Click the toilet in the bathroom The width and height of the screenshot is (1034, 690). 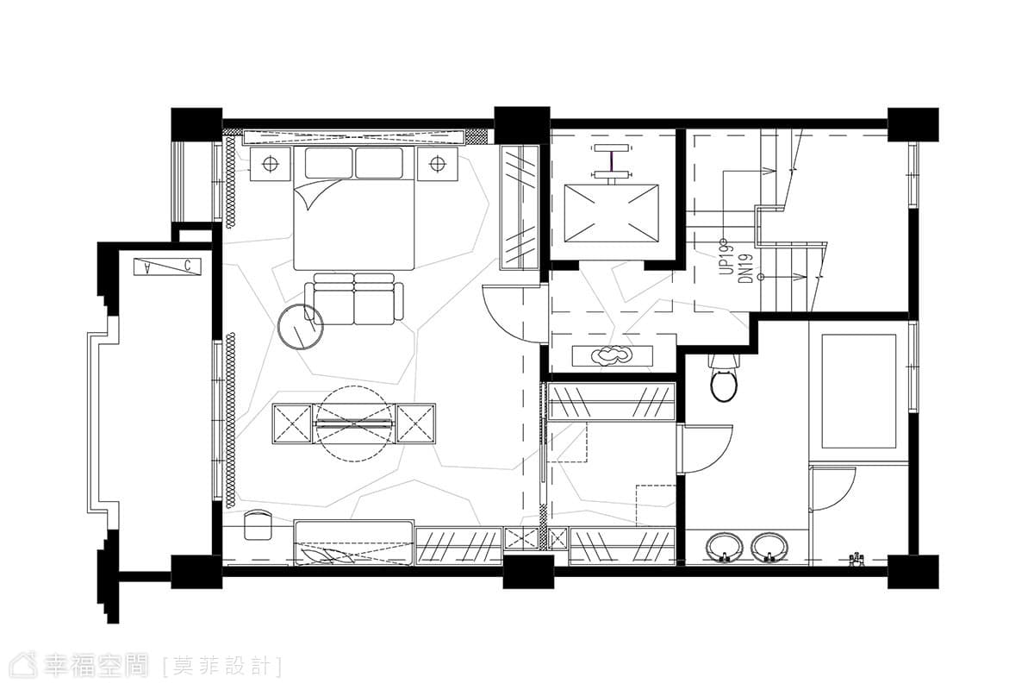tap(724, 379)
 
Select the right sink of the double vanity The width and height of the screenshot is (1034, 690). tap(769, 548)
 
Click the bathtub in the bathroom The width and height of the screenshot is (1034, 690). tap(858, 391)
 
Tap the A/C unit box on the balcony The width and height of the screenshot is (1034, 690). tap(167, 267)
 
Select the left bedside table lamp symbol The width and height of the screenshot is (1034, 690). tap(270, 164)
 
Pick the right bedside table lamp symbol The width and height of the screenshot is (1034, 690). tap(437, 164)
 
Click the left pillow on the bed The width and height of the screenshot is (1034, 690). tap(328, 163)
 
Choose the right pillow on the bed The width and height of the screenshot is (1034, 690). tap(379, 163)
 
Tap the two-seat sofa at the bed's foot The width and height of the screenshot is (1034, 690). tap(353, 299)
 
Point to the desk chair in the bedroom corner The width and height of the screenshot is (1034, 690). tap(258, 524)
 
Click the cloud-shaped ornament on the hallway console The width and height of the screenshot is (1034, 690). tap(612, 355)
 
